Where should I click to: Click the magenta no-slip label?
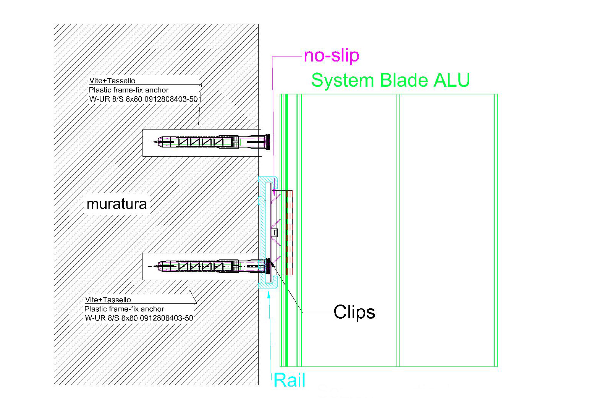pos(331,56)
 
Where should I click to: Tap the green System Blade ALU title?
pos(390,81)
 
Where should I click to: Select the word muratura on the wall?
pos(117,204)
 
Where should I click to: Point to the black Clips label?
pos(354,312)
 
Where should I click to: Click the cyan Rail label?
pos(290,381)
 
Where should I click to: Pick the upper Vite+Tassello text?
pos(112,81)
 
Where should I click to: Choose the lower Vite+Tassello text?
pos(108,300)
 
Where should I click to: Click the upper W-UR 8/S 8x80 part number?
pos(143,99)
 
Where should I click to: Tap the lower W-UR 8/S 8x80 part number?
pos(139,318)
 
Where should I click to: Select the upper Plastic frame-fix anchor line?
pos(129,90)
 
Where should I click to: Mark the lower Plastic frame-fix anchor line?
pos(125,309)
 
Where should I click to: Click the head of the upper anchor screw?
pos(267,142)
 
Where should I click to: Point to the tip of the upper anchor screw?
pos(156,142)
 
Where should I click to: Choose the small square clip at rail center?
pos(275,232)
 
